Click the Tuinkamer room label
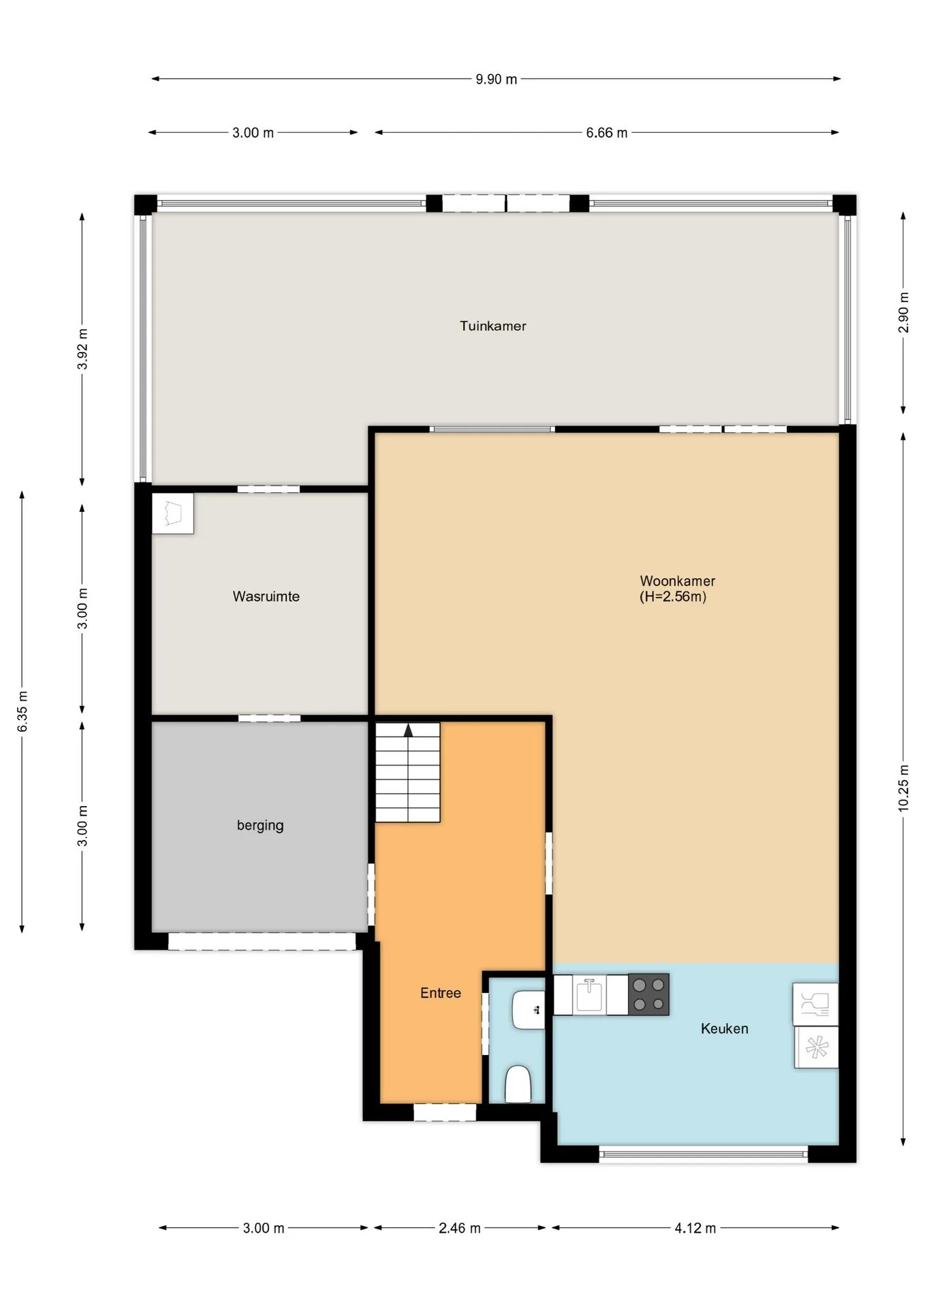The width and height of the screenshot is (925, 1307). click(492, 326)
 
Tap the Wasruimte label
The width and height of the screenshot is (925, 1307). click(266, 596)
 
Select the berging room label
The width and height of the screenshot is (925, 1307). click(260, 825)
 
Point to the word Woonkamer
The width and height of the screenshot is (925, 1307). click(677, 581)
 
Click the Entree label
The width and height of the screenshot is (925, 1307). click(441, 993)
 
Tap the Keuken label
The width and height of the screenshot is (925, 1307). click(724, 1029)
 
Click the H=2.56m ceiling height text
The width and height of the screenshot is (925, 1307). click(673, 597)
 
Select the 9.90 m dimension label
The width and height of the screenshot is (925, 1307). click(497, 79)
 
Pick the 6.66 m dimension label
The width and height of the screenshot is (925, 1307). click(607, 133)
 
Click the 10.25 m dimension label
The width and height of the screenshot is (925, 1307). click(904, 788)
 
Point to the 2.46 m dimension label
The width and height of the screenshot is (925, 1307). click(460, 1228)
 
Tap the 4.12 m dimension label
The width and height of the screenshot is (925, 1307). click(695, 1228)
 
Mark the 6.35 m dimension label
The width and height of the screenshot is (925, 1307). click(22, 711)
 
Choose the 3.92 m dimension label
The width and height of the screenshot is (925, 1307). click(82, 349)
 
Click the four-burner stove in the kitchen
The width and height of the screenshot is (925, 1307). click(648, 995)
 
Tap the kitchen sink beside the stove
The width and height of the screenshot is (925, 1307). click(589, 995)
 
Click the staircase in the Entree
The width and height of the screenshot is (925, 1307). click(407, 772)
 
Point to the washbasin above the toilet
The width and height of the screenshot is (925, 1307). click(529, 1010)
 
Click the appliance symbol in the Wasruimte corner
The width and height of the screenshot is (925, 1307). click(172, 513)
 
